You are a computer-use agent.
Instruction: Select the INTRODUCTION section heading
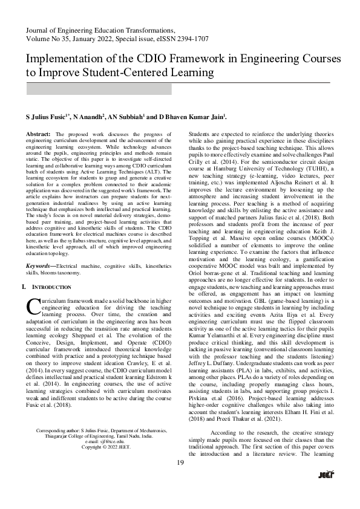coord(54,288)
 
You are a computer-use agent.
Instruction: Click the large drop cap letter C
coord(33,307)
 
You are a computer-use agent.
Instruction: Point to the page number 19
coord(180,479)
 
